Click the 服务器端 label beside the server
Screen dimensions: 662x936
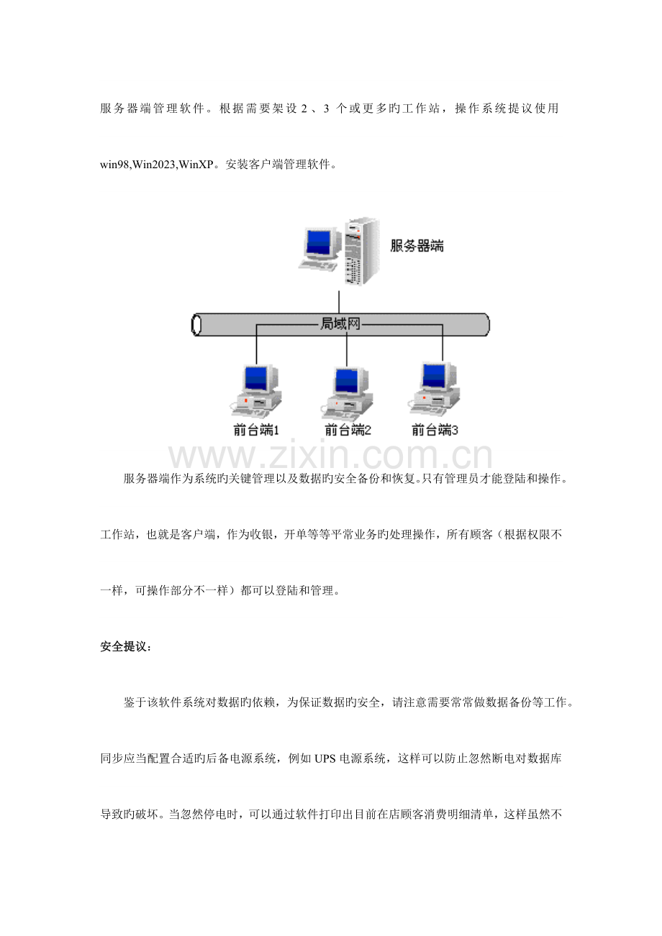coord(417,246)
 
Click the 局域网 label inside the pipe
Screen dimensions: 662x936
coord(340,324)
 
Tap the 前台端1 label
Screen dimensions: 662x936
coord(256,430)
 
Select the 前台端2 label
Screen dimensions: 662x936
coord(348,430)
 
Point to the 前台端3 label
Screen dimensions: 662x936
coord(435,430)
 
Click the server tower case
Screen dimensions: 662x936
coord(361,252)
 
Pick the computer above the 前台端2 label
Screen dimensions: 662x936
coord(347,393)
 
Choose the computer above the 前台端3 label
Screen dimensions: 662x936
coord(434,390)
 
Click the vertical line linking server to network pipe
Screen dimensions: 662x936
coord(339,302)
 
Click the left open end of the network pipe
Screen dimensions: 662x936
coord(196,324)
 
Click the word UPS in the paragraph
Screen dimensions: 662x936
coord(325,758)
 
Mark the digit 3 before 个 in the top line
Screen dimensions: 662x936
coord(326,109)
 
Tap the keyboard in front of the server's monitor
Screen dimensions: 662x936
coord(318,265)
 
